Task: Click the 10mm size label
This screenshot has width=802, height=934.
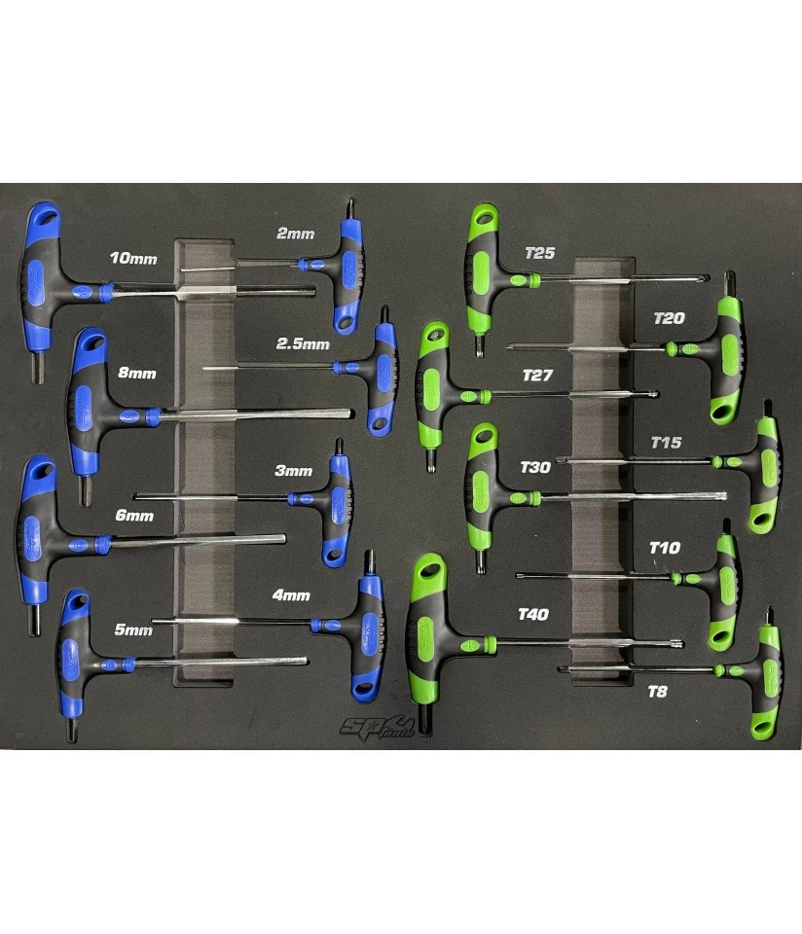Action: pos(133,259)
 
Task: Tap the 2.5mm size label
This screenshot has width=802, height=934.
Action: pos(303,344)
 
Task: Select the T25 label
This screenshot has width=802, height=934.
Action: pos(540,253)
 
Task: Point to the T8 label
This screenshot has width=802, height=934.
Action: pos(657,692)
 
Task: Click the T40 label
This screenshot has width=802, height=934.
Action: pos(533,614)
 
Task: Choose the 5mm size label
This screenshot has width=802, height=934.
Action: pos(133,629)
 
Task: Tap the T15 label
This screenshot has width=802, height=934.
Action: pos(666,443)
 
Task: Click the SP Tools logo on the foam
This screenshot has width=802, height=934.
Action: pos(377,728)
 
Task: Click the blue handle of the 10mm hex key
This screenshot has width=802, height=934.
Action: pos(41,280)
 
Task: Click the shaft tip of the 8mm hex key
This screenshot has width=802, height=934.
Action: pos(350,413)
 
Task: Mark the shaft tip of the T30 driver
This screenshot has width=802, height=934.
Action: pos(723,495)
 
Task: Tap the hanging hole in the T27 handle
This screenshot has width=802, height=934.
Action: pos(436,334)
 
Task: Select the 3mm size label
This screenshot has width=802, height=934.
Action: pos(293,471)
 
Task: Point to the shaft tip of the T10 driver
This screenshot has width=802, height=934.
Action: pos(520,575)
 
